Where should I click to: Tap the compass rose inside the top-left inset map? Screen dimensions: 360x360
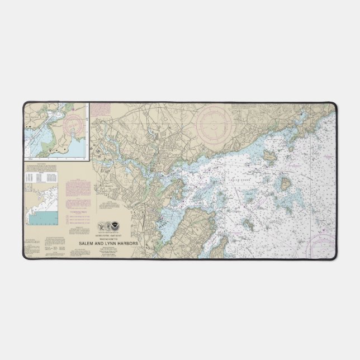75,126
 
